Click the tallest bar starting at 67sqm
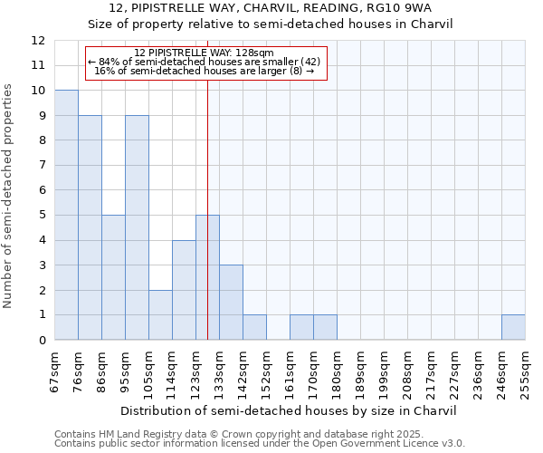[x=66, y=215]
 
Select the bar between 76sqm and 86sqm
[x=90, y=227]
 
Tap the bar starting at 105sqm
[x=160, y=314]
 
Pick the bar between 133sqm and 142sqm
[x=231, y=302]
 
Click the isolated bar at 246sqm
[x=513, y=327]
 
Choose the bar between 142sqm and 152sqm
[x=254, y=327]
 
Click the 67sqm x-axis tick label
[x=55, y=371]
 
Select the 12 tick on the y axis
[x=38, y=41]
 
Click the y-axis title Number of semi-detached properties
[x=8, y=196]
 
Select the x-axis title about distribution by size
[x=289, y=410]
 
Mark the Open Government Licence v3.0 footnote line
[x=260, y=444]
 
